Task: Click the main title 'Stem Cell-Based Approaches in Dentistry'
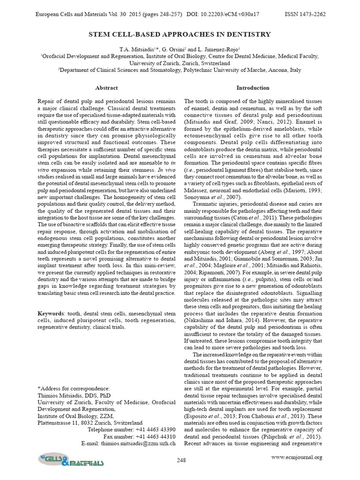pyautogui.click(x=180, y=34)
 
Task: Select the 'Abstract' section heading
pyautogui.click(x=106, y=88)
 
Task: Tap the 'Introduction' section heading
pyautogui.click(x=253, y=88)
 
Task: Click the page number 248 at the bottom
pyautogui.click(x=181, y=460)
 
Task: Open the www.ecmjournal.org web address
pyautogui.click(x=297, y=457)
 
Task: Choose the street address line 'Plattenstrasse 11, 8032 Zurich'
pyautogui.click(x=90, y=422)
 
